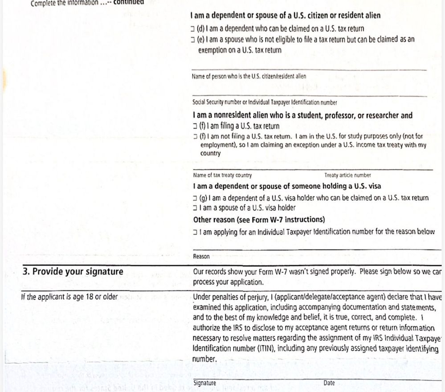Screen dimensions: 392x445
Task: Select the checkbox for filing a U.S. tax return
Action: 195,127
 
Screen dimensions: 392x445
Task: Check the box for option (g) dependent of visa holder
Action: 195,198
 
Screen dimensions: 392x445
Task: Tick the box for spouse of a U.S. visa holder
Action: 195,208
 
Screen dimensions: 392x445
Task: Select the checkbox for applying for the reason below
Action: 195,232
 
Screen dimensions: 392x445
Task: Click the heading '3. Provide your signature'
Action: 73,272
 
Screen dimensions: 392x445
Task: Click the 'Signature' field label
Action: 205,383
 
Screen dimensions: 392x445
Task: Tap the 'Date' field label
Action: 329,383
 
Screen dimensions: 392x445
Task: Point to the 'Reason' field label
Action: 201,257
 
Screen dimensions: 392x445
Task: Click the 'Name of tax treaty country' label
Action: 222,176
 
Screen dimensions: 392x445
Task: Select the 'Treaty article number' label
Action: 347,176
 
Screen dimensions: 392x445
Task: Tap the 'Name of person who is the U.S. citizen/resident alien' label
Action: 249,77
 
